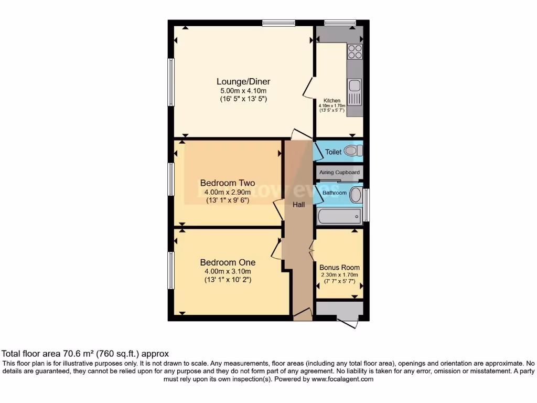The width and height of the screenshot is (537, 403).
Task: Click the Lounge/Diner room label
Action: tap(243, 81)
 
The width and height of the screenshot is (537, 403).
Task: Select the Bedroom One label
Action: tap(228, 262)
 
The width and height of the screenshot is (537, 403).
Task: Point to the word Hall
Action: tap(298, 205)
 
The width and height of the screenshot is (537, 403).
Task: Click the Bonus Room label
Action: tap(339, 267)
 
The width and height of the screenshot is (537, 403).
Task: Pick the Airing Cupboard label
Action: tap(339, 173)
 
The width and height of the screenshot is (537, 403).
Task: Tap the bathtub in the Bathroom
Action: tap(339, 216)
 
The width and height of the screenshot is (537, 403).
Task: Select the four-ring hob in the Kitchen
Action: tap(355, 51)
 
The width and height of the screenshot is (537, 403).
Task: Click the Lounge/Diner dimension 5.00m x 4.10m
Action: tap(243, 91)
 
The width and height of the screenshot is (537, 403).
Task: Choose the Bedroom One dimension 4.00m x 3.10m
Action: tap(228, 271)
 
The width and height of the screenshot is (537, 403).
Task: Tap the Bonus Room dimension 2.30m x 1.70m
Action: tap(339, 274)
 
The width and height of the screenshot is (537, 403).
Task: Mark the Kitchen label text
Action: tap(331, 101)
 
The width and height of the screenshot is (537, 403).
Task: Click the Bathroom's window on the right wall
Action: tap(367, 205)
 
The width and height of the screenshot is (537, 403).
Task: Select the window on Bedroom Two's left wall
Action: tap(171, 179)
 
